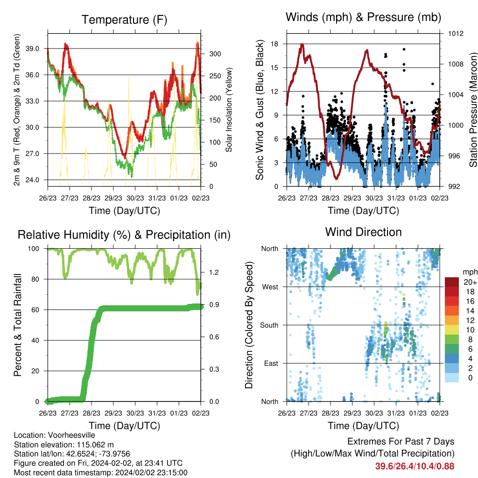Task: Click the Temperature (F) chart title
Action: click(124, 20)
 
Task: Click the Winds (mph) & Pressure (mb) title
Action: click(363, 17)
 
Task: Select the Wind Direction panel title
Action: click(363, 232)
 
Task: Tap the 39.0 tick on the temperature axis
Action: click(32, 49)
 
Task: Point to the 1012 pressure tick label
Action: click(456, 34)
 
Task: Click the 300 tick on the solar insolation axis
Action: click(215, 54)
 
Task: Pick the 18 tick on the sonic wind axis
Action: click(274, 44)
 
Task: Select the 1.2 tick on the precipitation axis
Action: click(214, 272)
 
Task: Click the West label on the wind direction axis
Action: click(270, 287)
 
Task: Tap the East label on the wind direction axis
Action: click(271, 363)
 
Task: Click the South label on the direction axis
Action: click(269, 325)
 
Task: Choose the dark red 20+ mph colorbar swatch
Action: click(452, 282)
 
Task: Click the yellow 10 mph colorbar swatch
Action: click(452, 330)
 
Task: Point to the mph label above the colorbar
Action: click(470, 272)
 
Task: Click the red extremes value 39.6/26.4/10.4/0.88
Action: click(415, 466)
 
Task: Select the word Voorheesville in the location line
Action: click(71, 435)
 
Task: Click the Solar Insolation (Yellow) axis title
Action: click(229, 110)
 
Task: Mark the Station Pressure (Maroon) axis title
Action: click(473, 110)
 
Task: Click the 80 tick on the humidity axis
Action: click(35, 279)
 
